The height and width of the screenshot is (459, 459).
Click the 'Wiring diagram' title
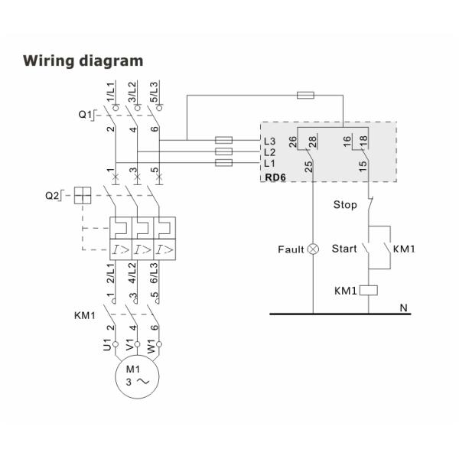[x=83, y=60]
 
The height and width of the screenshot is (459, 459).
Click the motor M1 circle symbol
[x=135, y=377]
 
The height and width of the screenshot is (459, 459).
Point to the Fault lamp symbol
[x=313, y=249]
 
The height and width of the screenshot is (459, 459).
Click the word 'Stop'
[x=345, y=204]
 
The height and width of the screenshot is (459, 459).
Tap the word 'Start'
[x=344, y=249]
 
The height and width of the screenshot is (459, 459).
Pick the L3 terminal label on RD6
[x=269, y=141]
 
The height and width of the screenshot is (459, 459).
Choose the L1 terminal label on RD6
[x=269, y=164]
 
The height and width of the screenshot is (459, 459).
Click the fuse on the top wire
[x=304, y=96]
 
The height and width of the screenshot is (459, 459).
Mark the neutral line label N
[x=404, y=308]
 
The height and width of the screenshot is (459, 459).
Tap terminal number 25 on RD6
[x=308, y=167]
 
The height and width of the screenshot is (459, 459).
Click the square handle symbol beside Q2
[x=82, y=196]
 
